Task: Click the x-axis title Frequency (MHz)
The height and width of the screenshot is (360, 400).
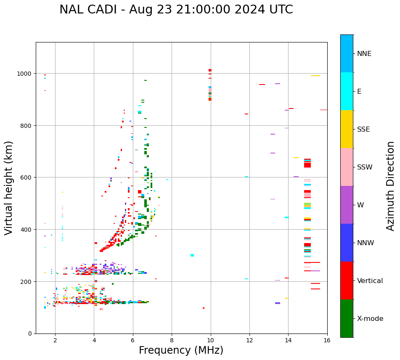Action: (x=181, y=350)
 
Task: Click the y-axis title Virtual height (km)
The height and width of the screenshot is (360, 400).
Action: (x=9, y=188)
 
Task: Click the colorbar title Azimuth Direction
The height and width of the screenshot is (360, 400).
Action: (x=390, y=186)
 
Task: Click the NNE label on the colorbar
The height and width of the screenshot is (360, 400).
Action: (x=364, y=54)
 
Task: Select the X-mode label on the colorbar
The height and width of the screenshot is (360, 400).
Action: (x=370, y=319)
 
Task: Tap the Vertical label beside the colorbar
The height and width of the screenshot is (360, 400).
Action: (x=370, y=281)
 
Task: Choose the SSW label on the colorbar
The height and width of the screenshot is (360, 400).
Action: (x=365, y=167)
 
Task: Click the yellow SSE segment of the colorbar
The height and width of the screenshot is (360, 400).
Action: (x=347, y=129)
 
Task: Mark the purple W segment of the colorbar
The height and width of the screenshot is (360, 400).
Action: (x=347, y=205)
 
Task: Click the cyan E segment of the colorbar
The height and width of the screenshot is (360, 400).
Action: (x=347, y=91)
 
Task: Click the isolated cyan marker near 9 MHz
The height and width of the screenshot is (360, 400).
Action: (x=192, y=255)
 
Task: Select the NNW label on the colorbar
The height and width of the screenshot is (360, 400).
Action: (x=366, y=243)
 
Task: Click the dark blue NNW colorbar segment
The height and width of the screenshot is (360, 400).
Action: (x=347, y=243)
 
